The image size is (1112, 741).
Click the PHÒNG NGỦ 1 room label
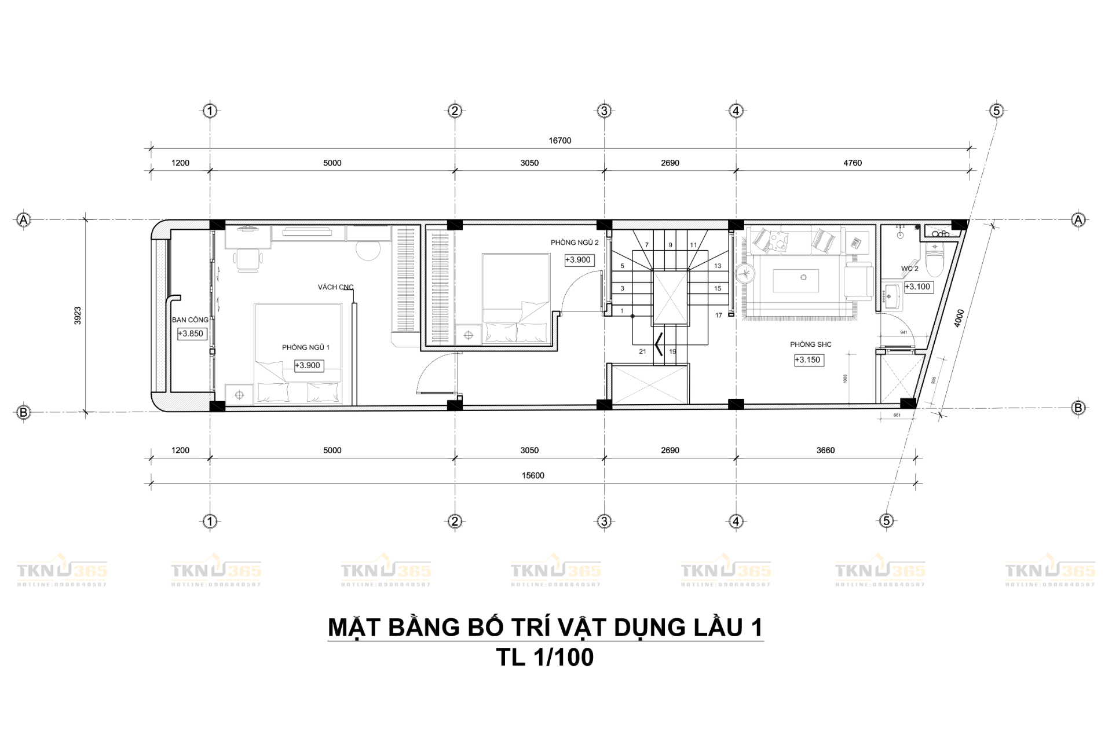(x=305, y=347)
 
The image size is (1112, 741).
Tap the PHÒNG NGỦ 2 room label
(x=575, y=243)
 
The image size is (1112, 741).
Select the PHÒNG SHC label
(x=810, y=344)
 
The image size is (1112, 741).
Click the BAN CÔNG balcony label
(x=190, y=320)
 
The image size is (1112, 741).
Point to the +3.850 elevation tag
(x=191, y=333)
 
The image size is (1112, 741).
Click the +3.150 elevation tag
(x=808, y=360)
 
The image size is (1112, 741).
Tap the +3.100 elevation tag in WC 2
(x=919, y=287)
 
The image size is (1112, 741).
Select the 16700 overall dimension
(x=559, y=141)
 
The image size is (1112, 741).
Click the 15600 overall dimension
(x=533, y=476)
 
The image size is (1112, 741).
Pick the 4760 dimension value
(x=852, y=163)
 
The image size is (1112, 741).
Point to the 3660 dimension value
(x=825, y=450)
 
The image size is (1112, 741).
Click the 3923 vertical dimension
(x=78, y=316)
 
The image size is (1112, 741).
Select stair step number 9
(x=670, y=245)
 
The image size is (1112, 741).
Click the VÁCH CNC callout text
(x=335, y=287)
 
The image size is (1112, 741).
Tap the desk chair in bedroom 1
(x=248, y=260)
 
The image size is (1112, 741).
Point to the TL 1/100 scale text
(x=545, y=658)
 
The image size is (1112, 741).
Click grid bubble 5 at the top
(x=996, y=111)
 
